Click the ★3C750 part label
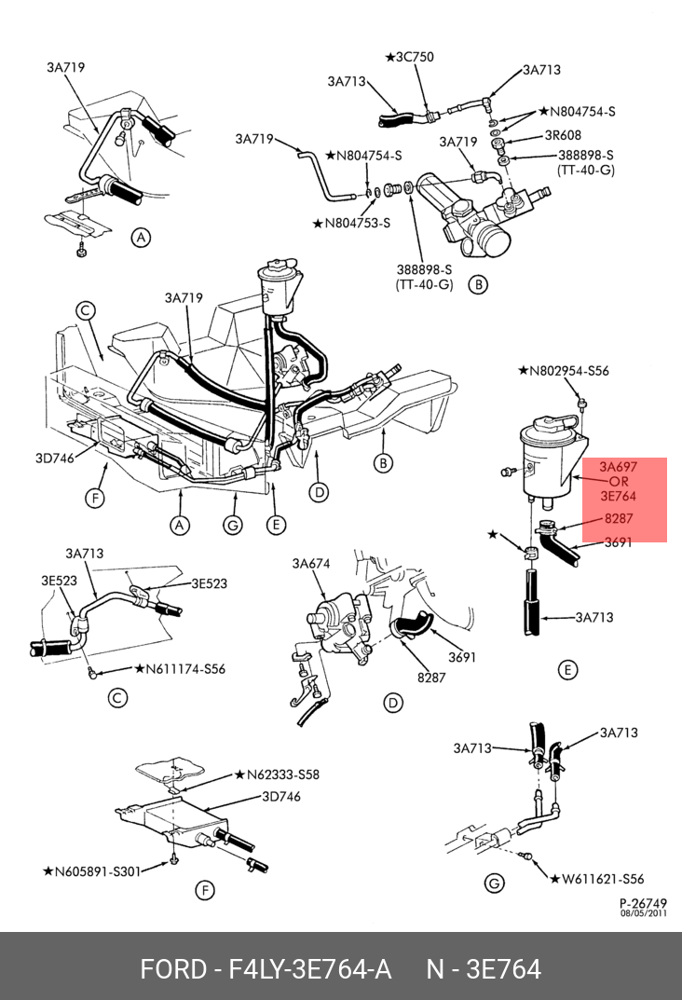409,57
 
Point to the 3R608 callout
563,134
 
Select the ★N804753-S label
352,223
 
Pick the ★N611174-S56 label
180,669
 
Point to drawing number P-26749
644,903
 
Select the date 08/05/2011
644,913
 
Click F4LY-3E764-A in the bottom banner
309,969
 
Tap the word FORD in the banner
173,969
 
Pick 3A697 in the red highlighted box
618,466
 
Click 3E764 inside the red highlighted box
618,497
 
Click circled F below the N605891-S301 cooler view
204,891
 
